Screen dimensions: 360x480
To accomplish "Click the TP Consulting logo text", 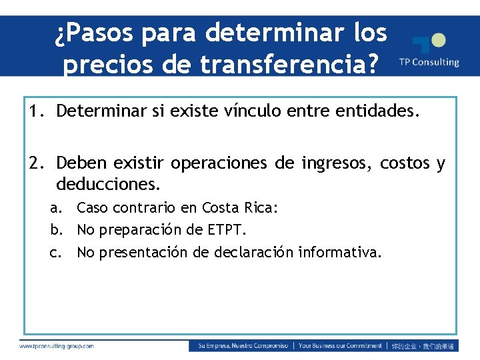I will point(429,62).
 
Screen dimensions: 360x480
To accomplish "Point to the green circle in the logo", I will point(438,41).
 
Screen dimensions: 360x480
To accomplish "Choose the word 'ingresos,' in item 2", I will point(339,163).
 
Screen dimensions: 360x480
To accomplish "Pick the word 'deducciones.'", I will point(109,182).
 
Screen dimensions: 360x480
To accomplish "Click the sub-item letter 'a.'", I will point(59,208).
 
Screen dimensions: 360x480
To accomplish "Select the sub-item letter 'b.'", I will point(59,230).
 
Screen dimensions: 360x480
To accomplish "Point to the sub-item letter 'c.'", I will point(59,252).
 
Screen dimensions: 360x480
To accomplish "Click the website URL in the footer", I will point(57,346).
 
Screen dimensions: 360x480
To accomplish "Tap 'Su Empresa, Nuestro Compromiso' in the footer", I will point(243,346).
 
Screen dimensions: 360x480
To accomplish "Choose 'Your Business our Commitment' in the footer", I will point(340,346).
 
